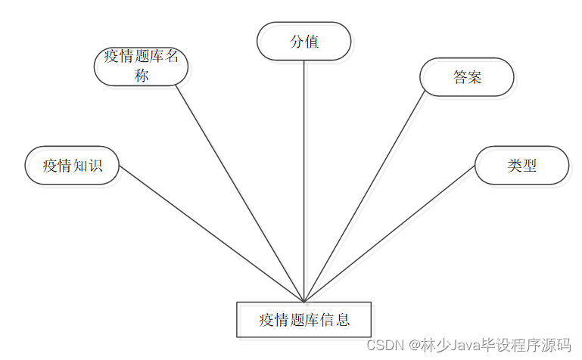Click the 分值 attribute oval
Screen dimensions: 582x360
pyautogui.click(x=304, y=41)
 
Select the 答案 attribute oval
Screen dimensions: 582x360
pyautogui.click(x=467, y=77)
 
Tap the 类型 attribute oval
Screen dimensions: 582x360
pyautogui.click(x=521, y=165)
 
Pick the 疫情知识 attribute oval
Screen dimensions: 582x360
pyautogui.click(x=72, y=165)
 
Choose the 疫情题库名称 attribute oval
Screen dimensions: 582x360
pyautogui.click(x=141, y=67)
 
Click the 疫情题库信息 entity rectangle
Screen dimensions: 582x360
pyautogui.click(x=304, y=319)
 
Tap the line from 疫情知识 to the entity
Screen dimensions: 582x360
pyautogui.click(x=212, y=234)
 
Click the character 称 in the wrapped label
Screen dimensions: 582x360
pyautogui.click(x=142, y=76)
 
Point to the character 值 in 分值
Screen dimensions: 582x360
pyautogui.click(x=311, y=41)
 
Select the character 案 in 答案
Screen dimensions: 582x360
pyautogui.click(x=475, y=77)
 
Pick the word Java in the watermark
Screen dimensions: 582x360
pyautogui.click(x=468, y=345)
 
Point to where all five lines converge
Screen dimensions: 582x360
pyautogui.click(x=304, y=302)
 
